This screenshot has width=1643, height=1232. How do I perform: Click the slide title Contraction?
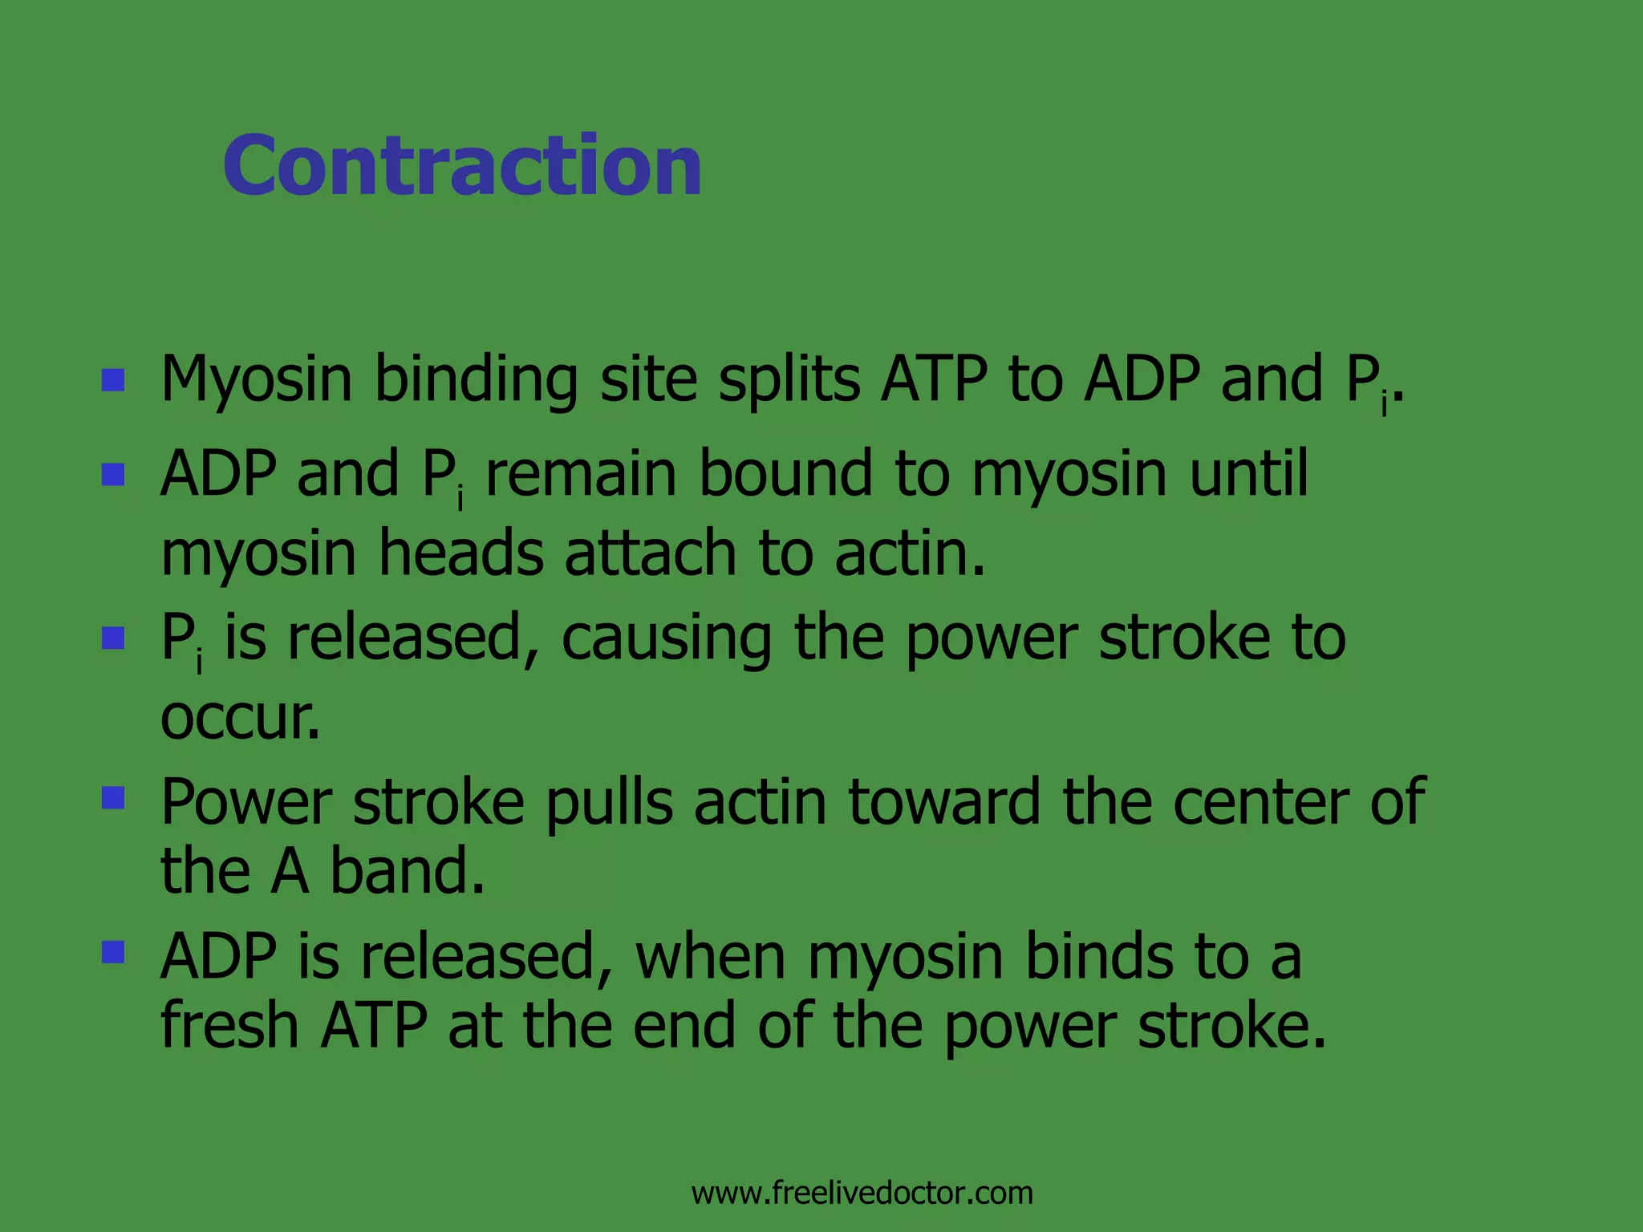tap(462, 165)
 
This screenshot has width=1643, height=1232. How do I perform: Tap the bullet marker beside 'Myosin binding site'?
tap(113, 379)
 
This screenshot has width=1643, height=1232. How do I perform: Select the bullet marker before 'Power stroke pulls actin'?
tap(113, 797)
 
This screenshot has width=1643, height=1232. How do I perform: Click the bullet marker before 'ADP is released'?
tap(113, 952)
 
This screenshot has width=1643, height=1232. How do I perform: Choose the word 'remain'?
tap(581, 474)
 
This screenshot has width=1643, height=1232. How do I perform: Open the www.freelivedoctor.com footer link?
tap(862, 1193)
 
